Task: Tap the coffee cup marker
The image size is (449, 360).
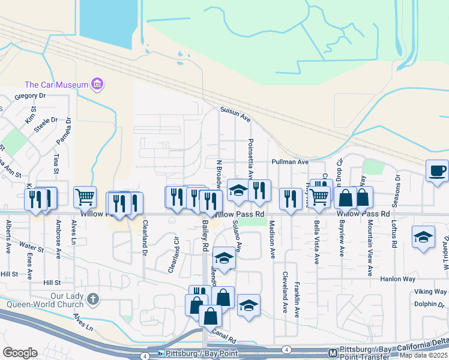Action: (437, 170)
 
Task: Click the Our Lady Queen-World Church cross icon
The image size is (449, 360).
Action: (93, 299)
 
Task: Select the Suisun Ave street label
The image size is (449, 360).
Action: (235, 115)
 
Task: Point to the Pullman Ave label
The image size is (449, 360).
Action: (289, 162)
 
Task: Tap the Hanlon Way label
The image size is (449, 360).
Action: (397, 279)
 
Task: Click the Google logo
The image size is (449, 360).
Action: (20, 353)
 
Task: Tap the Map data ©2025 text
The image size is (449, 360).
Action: (423, 355)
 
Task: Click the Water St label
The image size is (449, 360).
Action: (31, 245)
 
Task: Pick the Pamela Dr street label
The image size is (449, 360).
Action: (68, 131)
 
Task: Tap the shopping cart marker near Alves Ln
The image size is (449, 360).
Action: (85, 197)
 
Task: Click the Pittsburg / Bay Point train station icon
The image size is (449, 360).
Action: (161, 354)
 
